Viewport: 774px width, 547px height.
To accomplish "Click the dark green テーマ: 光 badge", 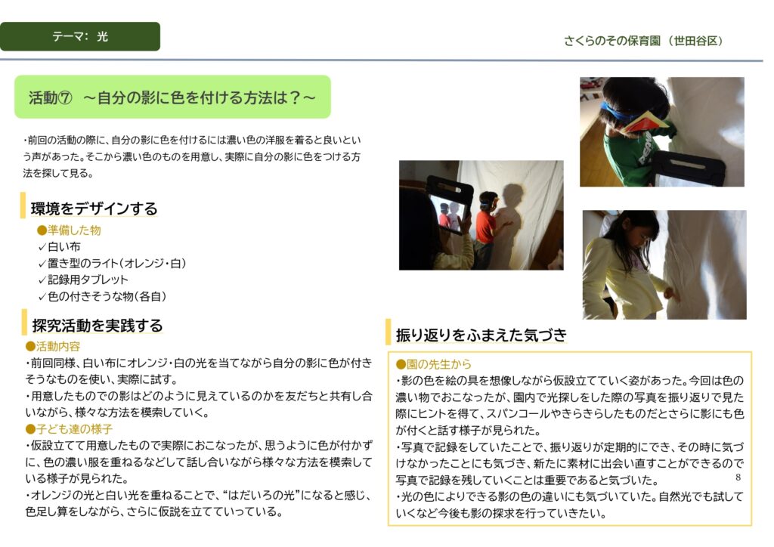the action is (80, 36).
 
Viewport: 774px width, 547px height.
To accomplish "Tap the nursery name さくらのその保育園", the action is (611, 41).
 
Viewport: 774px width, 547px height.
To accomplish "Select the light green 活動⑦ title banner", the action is (172, 97).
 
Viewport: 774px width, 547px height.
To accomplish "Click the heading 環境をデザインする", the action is (94, 209).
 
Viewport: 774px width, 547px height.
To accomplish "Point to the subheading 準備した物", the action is (69, 230).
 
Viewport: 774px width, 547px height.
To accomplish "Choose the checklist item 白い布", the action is (59, 246).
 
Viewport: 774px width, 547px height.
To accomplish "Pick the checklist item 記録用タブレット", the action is (83, 280).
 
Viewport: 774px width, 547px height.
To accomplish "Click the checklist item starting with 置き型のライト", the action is (112, 264).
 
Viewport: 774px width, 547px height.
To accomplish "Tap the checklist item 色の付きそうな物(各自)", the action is (102, 296).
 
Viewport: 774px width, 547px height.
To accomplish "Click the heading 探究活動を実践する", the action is (98, 326).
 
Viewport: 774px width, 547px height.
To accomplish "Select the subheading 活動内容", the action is (53, 346).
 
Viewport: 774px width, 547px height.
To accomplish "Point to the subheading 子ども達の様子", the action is (69, 429).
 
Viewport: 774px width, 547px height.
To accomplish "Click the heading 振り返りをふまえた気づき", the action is (481, 335).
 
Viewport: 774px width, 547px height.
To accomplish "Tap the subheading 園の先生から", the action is (434, 364).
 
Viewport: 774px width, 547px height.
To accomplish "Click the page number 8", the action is (738, 477).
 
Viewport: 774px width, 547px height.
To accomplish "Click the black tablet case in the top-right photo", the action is (688, 167).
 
